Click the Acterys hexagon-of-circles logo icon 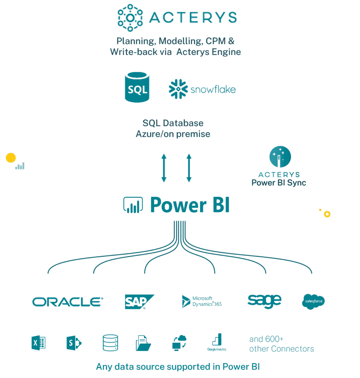[130, 18]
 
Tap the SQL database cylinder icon [137, 87]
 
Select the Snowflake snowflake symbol [178, 89]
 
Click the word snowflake [213, 89]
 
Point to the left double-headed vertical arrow [164, 168]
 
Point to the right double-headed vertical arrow [189, 168]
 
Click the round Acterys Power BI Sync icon [280, 157]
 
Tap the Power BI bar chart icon [133, 205]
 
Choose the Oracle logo [68, 302]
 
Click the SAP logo [139, 302]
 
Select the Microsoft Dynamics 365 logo [202, 301]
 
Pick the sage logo [264, 301]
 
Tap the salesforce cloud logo [313, 301]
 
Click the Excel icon [38, 343]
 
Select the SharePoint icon [74, 343]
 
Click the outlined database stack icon [110, 343]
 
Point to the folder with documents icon [143, 343]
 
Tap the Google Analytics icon [217, 342]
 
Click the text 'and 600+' [266, 339]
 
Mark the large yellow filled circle [11, 158]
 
